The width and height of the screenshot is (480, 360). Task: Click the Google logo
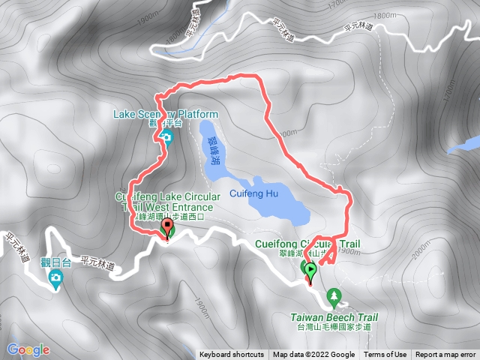pos(28,349)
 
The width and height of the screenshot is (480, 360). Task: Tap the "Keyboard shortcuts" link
pos(232,355)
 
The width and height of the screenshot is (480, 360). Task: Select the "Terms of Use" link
pos(385,355)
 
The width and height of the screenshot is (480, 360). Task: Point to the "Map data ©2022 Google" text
pos(313,355)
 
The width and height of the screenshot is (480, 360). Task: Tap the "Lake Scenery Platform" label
pos(165,115)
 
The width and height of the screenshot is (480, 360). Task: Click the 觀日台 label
pos(56,262)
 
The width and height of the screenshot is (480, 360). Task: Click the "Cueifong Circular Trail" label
pos(307,244)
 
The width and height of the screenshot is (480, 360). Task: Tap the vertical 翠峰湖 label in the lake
pos(215,151)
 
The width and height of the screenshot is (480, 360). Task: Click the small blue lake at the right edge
pos(465,143)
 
